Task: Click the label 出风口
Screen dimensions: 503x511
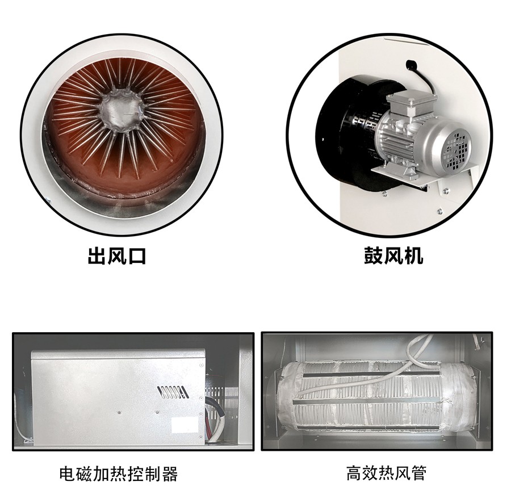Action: tap(116, 256)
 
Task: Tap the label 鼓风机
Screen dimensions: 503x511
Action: tap(393, 256)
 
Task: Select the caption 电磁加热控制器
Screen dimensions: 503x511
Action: tap(118, 473)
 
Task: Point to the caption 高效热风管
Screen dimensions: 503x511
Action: tap(386, 473)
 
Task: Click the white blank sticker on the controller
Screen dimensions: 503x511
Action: tap(185, 425)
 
